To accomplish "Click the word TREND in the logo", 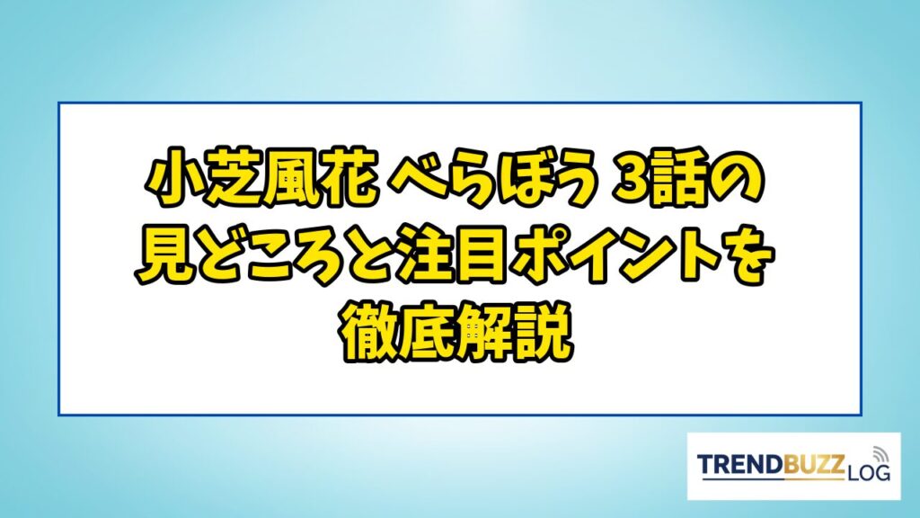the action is (x=739, y=464).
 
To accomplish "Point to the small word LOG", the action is (x=869, y=471).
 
